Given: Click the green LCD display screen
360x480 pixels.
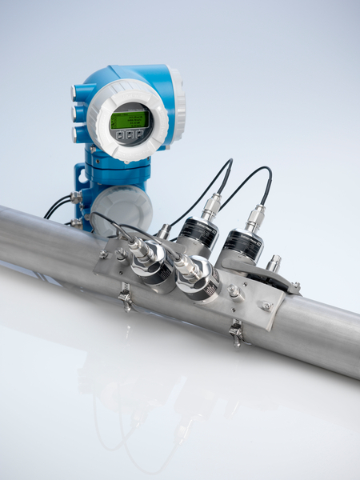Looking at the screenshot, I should (129, 120).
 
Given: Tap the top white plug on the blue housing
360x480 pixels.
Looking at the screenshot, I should (76, 92).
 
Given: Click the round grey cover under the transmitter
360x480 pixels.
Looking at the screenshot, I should (122, 207).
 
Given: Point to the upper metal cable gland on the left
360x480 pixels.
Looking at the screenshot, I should (75, 197).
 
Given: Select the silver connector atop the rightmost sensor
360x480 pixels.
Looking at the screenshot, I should (255, 217).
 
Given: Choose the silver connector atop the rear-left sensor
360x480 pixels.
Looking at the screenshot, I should (211, 206).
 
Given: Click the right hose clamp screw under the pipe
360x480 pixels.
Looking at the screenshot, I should (236, 331).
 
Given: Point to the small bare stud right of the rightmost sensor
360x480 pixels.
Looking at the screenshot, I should (274, 262).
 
